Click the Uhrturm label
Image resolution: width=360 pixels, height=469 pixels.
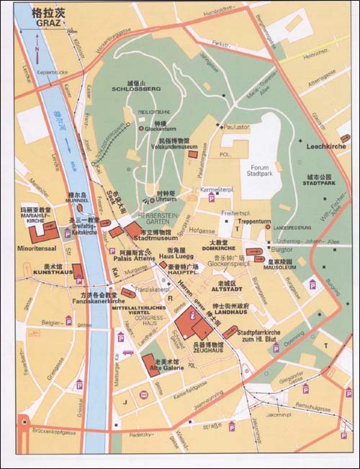coord(166,199)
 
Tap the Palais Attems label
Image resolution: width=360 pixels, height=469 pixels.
coord(127,260)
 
